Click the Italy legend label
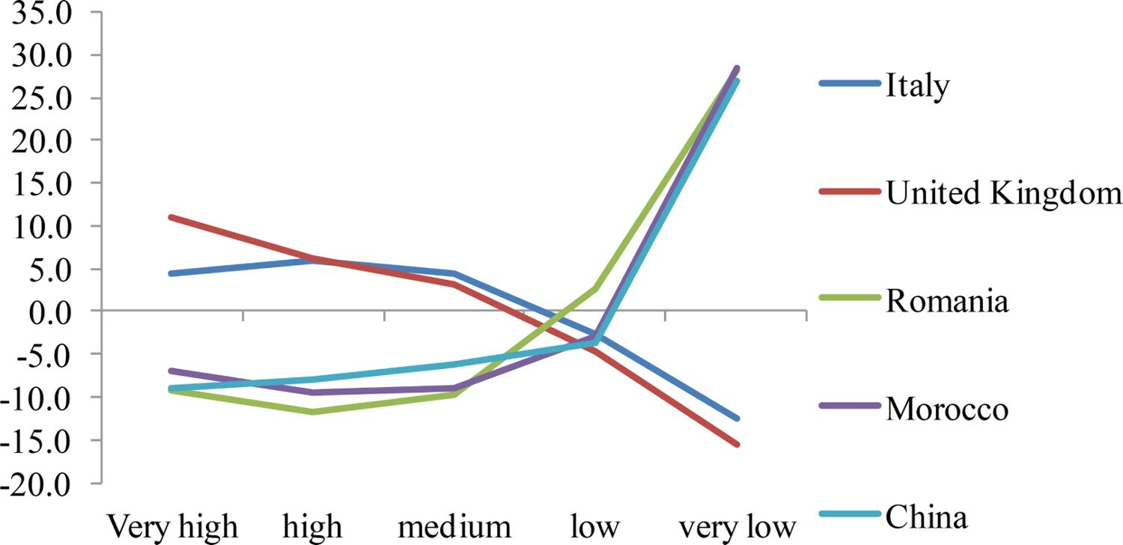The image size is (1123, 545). coord(918,86)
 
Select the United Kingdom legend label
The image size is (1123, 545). coord(1004,194)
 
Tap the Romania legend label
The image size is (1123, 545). coord(947,302)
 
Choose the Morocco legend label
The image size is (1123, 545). coord(947,409)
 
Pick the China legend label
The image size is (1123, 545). coord(926,517)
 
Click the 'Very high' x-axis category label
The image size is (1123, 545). coord(173,527)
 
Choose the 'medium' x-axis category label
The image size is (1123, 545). coord(454,527)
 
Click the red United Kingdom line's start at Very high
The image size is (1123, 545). coord(173,217)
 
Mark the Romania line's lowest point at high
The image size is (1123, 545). coord(314,412)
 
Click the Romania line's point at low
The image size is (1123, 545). coord(595,288)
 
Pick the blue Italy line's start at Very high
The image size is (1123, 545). coord(173,273)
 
